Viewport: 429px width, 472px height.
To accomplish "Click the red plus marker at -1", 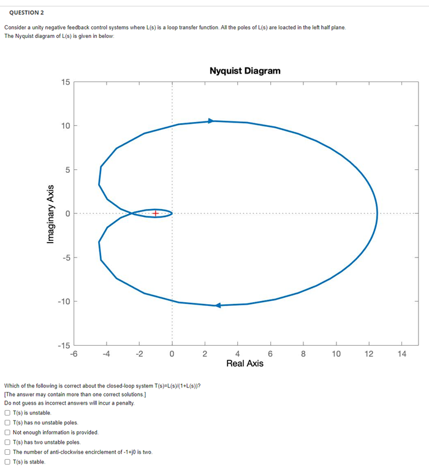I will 156,213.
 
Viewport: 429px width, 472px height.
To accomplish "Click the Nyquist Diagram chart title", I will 245,70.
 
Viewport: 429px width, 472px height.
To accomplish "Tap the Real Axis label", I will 245,364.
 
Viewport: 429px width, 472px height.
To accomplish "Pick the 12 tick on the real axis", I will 369,353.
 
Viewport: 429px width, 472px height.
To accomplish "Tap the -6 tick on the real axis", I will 74,353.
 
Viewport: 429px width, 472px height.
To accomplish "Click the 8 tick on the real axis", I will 303,353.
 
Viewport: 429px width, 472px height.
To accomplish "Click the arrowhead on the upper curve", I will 211,121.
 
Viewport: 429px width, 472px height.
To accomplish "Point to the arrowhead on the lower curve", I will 218,305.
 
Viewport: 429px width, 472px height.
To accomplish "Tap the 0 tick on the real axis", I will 172,353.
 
